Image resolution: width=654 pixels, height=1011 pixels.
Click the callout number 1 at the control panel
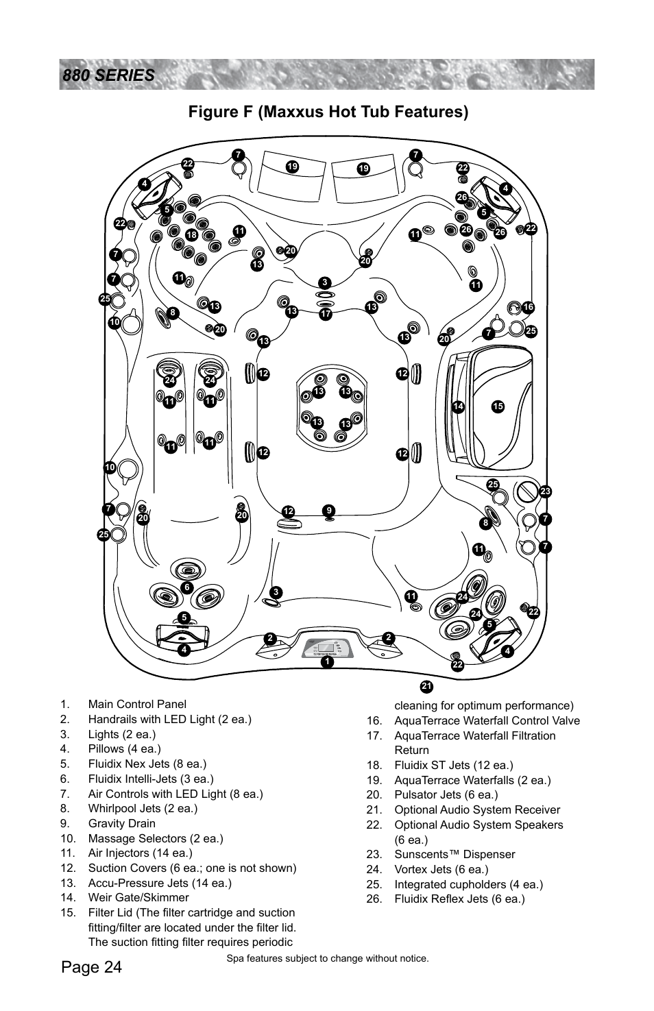(x=327, y=662)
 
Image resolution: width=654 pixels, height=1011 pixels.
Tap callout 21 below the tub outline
(x=426, y=687)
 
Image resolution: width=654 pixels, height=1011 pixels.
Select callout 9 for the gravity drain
(x=329, y=511)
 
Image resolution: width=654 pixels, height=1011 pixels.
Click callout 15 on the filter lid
(x=498, y=406)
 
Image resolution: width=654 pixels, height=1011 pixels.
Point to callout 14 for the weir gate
(x=458, y=406)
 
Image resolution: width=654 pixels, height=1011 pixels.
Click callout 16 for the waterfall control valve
(x=527, y=308)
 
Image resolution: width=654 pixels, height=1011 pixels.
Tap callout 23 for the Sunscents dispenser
(x=546, y=491)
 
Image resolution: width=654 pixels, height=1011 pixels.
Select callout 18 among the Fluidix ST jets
(x=192, y=235)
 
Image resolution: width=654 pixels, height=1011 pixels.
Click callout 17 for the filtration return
(x=326, y=314)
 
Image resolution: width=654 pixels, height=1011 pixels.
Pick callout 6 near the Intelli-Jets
(x=186, y=588)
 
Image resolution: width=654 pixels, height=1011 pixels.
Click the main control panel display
(x=327, y=647)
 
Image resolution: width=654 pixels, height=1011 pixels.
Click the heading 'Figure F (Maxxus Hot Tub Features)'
(x=328, y=112)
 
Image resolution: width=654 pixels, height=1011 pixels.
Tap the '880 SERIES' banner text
(x=108, y=75)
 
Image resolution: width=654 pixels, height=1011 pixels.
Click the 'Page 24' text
(x=91, y=967)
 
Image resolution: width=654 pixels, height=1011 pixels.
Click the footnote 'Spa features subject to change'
(x=327, y=958)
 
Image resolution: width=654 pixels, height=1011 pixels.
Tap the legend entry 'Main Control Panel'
(x=136, y=704)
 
